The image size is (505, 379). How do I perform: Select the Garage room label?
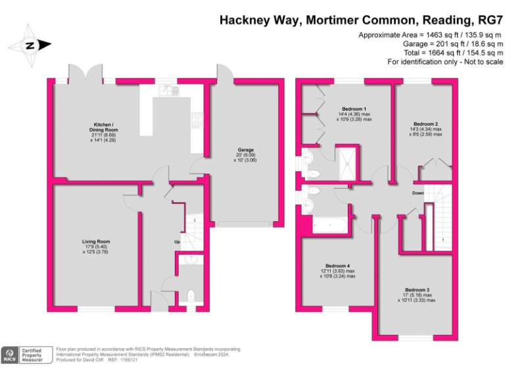tap(245, 150)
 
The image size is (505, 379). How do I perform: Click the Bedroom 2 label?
tap(426, 124)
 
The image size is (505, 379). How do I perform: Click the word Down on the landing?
tap(418, 193)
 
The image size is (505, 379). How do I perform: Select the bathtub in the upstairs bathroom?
tap(329, 225)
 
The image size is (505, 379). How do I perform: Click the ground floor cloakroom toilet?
tap(191, 295)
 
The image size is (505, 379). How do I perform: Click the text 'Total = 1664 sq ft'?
tap(431, 53)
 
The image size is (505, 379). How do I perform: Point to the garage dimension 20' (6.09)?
tap(245, 155)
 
